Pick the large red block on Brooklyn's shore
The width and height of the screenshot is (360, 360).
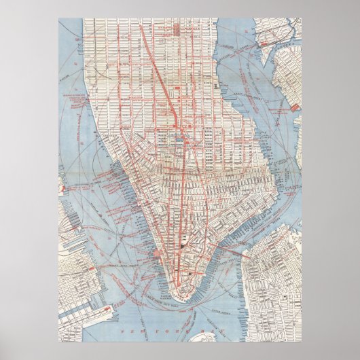point(295,107)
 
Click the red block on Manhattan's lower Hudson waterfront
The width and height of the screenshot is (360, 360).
point(158,253)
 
